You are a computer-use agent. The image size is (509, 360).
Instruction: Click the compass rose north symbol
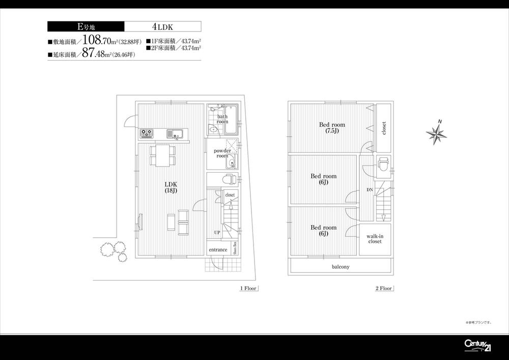[x=436, y=133]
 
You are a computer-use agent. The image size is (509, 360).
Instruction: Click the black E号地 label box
[x=86, y=26]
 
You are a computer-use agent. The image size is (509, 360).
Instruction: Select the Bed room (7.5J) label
[x=332, y=127]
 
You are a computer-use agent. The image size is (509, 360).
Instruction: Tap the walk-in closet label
[x=375, y=239]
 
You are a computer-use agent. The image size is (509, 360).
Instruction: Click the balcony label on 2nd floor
[x=341, y=266]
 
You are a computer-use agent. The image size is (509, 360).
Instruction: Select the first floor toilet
[x=229, y=179]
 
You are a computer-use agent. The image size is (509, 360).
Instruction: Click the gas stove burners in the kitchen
[x=147, y=133]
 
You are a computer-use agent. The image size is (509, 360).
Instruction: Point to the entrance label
[x=218, y=250]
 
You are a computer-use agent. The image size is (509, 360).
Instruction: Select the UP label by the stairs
[x=217, y=232]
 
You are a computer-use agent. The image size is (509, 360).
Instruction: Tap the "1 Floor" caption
[x=248, y=288]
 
